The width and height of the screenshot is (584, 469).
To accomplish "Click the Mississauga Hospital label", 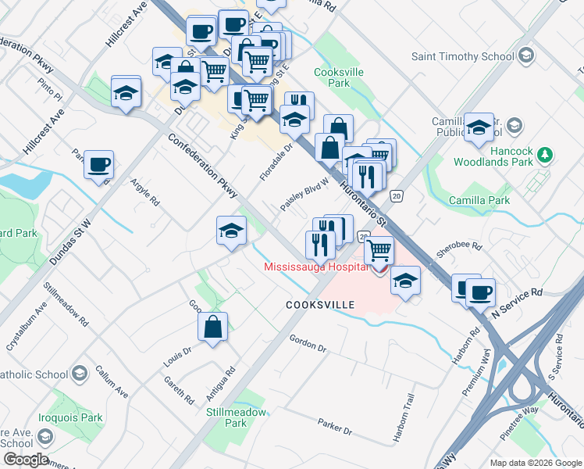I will [x=315, y=266].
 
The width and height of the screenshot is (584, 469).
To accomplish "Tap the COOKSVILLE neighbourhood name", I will [x=320, y=304].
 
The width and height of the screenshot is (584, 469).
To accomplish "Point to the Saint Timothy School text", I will [x=463, y=56].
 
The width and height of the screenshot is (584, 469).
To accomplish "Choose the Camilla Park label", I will [x=479, y=201].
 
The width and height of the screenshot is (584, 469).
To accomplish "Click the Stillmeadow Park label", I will [x=226, y=417].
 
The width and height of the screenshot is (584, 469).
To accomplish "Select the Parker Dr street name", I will [x=335, y=427].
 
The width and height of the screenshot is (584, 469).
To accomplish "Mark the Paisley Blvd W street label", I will [x=304, y=199].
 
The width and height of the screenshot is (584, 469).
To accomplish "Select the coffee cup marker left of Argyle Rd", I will [x=99, y=165].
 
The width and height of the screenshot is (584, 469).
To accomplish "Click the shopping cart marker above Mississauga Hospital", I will [x=379, y=250].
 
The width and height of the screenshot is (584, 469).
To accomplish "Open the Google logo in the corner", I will [x=26, y=459].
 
